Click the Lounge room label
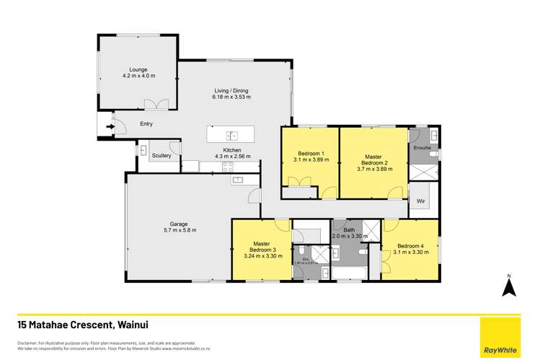138,69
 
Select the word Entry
146,123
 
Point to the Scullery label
161,155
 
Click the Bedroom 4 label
410,245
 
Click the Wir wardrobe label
420,201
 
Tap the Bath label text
349,230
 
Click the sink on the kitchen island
232,135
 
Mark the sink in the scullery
143,151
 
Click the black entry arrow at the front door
110,129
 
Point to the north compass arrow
508,288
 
